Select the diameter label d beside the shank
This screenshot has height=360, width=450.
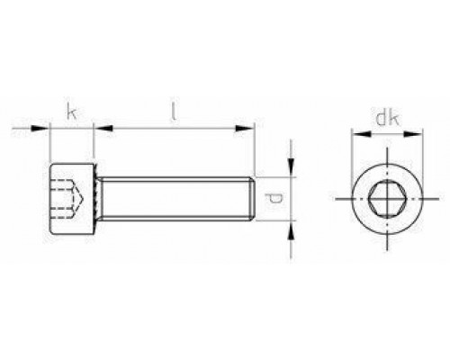pyautogui.click(x=279, y=195)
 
